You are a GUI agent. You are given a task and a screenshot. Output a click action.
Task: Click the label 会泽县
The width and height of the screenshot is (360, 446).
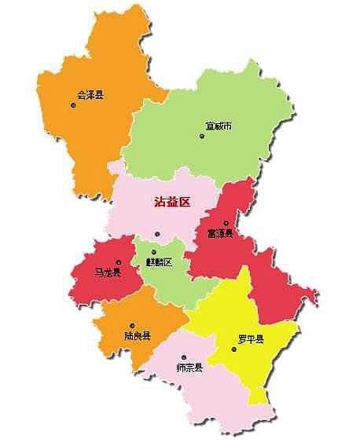pyautogui.click(x=90, y=96)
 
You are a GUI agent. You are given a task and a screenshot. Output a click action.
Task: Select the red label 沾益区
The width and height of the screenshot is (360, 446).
pyautogui.click(x=172, y=202)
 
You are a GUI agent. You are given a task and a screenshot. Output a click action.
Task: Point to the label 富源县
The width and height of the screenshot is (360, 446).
pyautogui.click(x=220, y=232)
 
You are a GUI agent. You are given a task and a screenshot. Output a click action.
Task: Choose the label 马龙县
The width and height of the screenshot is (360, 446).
pyautogui.click(x=108, y=272)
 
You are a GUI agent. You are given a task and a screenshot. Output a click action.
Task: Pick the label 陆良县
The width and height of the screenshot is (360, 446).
pyautogui.click(x=137, y=335)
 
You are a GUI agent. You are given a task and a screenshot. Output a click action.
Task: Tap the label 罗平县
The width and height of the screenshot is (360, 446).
pyautogui.click(x=251, y=339)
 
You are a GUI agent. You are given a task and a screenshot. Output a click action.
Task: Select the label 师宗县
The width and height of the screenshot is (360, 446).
pyautogui.click(x=189, y=367)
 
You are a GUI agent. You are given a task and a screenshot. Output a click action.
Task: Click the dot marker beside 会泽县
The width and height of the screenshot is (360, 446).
pyautogui.click(x=73, y=104)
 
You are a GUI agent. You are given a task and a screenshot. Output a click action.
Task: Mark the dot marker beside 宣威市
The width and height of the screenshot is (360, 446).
pyautogui.click(x=202, y=136)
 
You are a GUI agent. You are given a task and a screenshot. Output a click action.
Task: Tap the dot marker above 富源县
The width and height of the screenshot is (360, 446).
pyautogui.click(x=226, y=222)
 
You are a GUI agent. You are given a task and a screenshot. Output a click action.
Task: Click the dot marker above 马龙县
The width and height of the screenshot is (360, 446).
pyautogui.click(x=118, y=262)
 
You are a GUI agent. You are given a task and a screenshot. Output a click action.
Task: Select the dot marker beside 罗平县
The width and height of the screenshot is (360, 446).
pyautogui.click(x=233, y=349)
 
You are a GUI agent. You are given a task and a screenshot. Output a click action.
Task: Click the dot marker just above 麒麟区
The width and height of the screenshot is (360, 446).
pyautogui.click(x=153, y=252)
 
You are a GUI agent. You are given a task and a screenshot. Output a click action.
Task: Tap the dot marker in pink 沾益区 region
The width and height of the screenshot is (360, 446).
pyautogui.click(x=157, y=234)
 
